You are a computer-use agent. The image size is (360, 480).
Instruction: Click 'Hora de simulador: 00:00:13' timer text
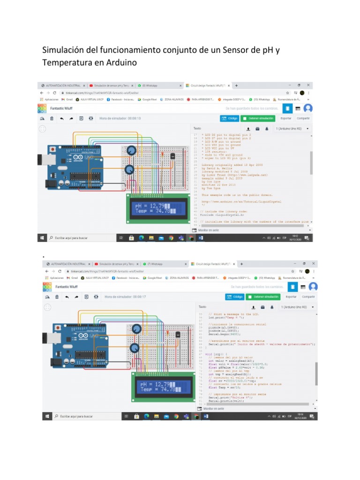pyautogui.click(x=120, y=118)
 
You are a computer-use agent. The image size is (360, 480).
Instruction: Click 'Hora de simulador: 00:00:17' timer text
pyautogui.click(x=125, y=297)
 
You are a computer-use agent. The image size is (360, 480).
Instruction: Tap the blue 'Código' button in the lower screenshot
pyautogui.click(x=235, y=297)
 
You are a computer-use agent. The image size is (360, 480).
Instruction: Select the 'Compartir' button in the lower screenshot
pyautogui.click(x=308, y=297)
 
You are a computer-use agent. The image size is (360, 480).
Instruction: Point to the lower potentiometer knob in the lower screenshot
pyautogui.click(x=134, y=348)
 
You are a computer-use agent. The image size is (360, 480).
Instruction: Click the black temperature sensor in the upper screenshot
pyautogui.click(x=172, y=157)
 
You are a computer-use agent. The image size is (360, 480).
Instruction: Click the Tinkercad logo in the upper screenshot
pyautogui.click(x=42, y=108)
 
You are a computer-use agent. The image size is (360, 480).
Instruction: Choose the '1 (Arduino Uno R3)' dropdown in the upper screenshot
pyautogui.click(x=292, y=128)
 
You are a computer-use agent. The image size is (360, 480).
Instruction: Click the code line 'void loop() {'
pyautogui.click(x=216, y=354)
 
